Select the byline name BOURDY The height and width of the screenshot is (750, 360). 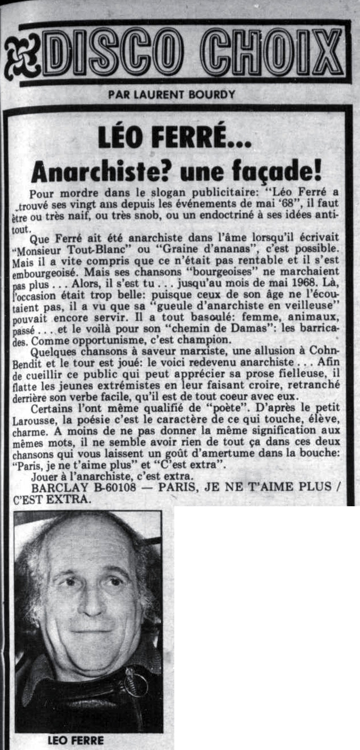click(x=213, y=94)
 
